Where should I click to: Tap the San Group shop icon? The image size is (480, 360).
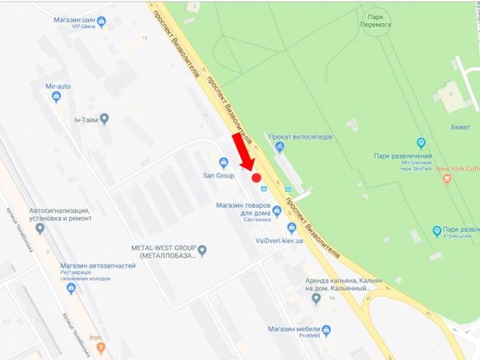(x=223, y=162)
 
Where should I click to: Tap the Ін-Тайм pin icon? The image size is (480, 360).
(x=105, y=118)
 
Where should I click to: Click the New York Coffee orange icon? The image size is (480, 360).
(x=447, y=179)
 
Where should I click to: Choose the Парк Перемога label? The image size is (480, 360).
(x=374, y=20)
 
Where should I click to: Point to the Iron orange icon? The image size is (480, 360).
(x=101, y=346)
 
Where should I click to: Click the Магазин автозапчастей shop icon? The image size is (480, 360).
(x=72, y=288)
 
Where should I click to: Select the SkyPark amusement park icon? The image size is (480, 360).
(x=421, y=143)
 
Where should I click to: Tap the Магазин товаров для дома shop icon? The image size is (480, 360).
(x=276, y=210)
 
